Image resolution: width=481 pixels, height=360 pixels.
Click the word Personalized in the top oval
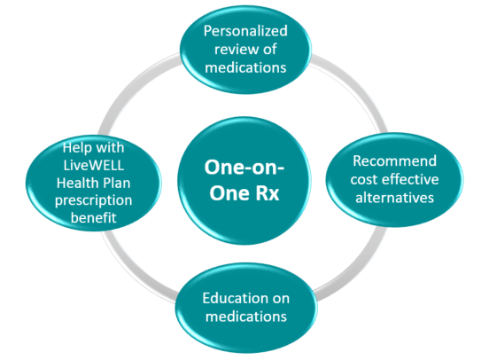[245, 31]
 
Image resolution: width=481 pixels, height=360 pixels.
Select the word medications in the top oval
[245, 67]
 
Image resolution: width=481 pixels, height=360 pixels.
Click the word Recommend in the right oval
[394, 161]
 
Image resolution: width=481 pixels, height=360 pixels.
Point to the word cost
[364, 180]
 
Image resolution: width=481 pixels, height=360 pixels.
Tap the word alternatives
[394, 198]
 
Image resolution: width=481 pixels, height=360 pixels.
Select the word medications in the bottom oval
[246, 317]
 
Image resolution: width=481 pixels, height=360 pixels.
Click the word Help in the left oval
[76, 148]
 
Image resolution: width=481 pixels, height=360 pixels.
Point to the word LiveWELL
[94, 165]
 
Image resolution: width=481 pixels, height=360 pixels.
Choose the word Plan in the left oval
[117, 183]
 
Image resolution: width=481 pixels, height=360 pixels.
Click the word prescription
[94, 201]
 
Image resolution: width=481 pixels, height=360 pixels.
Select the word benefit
[94, 218]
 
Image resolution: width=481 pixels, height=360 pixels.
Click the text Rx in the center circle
[267, 193]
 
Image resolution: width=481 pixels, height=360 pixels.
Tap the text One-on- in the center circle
[244, 168]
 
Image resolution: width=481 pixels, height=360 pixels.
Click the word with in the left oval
[110, 148]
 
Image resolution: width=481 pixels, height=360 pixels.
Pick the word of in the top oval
[270, 49]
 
